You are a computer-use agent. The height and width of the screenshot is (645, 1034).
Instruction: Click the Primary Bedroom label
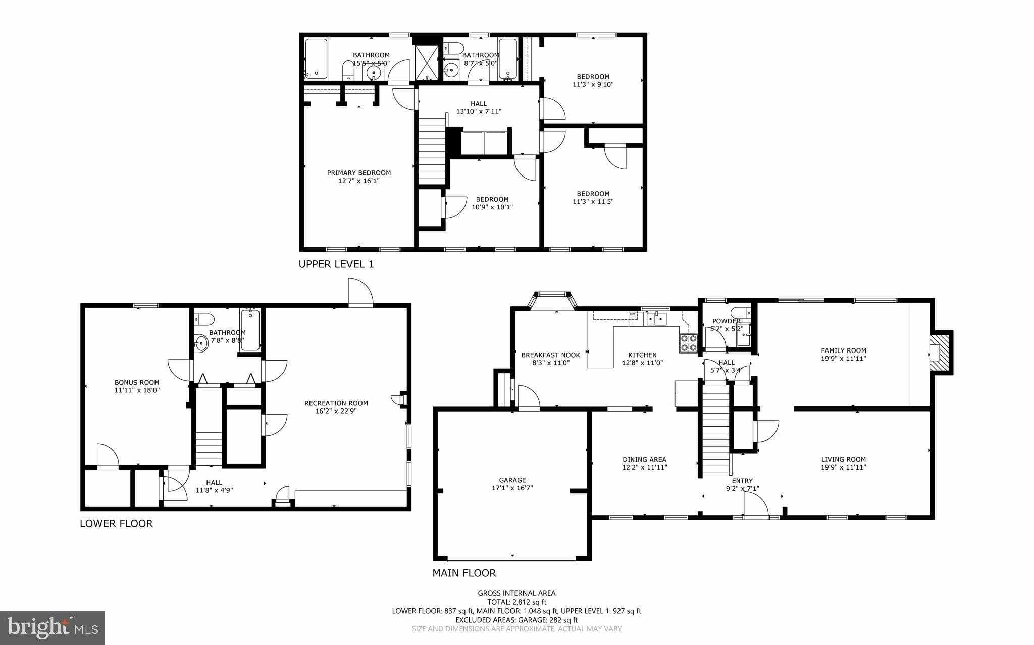pyautogui.click(x=358, y=173)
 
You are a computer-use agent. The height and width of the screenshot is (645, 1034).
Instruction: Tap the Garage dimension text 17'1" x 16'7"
pyautogui.click(x=512, y=488)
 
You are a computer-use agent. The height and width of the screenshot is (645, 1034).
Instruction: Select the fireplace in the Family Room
pyautogui.click(x=940, y=353)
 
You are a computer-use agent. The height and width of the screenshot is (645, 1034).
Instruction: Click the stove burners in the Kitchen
pyautogui.click(x=688, y=343)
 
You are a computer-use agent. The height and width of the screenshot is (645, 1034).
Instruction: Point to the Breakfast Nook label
pyautogui.click(x=550, y=355)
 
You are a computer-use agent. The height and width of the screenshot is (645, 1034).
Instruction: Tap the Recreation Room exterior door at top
pyautogui.click(x=360, y=293)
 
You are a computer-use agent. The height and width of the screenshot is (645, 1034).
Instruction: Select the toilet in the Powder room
pyautogui.click(x=739, y=312)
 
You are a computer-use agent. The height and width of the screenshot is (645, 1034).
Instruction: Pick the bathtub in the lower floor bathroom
pyautogui.click(x=250, y=329)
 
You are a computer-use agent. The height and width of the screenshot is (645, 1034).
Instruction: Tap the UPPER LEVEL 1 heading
pyautogui.click(x=336, y=264)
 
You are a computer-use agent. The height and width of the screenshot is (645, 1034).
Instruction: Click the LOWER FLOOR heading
pyautogui.click(x=116, y=524)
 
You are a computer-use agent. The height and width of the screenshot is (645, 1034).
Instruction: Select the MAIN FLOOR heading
pyautogui.click(x=464, y=573)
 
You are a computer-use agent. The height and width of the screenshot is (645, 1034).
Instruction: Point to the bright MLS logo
pyautogui.click(x=53, y=628)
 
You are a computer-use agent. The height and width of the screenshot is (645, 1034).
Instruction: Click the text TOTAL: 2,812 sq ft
pyautogui.click(x=516, y=602)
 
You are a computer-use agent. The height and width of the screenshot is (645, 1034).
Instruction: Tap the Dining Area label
pyautogui.click(x=644, y=459)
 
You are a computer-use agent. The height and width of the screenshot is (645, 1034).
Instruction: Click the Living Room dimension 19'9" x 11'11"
pyautogui.click(x=843, y=467)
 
